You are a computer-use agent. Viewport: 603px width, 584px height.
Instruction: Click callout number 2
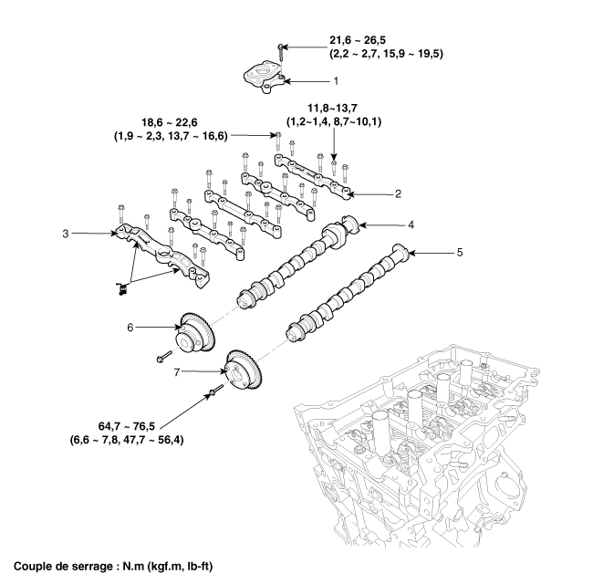(x=398, y=193)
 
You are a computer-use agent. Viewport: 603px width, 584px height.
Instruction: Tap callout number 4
(x=411, y=224)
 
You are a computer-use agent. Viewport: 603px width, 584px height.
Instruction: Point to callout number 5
(x=460, y=250)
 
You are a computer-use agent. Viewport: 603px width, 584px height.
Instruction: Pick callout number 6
(x=130, y=326)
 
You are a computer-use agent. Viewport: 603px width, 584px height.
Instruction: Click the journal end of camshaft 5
(x=398, y=252)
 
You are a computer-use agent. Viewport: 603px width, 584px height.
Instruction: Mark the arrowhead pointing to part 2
(x=359, y=193)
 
